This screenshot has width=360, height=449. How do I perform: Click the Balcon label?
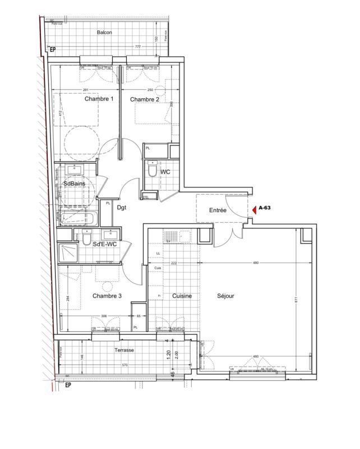[x=104, y=33]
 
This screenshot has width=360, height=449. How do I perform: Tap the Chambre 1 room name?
[x=99, y=99]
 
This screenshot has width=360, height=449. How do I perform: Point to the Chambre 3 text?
[x=107, y=296]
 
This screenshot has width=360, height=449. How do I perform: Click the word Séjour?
[x=225, y=296]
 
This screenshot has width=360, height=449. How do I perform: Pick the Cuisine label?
[x=182, y=296]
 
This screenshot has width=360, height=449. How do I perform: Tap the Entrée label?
[x=218, y=210]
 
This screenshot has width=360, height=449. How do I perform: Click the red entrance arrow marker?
[x=253, y=209]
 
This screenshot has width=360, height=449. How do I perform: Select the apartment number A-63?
[x=265, y=208]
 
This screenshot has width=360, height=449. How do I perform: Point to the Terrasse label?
[x=124, y=350]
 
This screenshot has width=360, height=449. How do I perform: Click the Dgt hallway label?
[x=122, y=207]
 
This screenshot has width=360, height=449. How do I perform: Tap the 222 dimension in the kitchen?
[x=174, y=263]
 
